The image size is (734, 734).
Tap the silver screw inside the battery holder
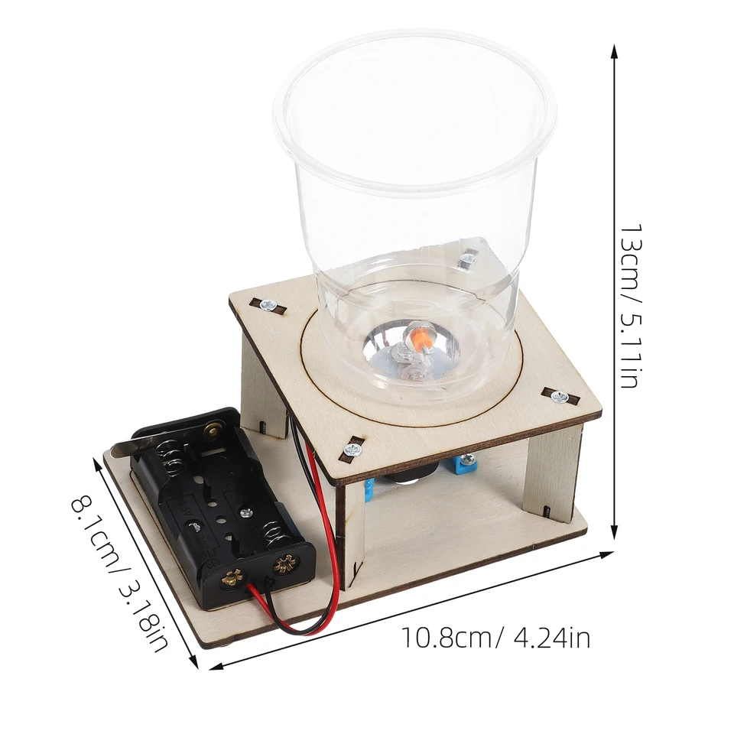(x=245, y=513)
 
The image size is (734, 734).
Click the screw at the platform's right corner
(x=559, y=396)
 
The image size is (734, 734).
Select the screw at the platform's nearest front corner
(x=352, y=449)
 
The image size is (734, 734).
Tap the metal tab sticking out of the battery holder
(x=122, y=453)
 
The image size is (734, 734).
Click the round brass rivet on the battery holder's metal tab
(x=209, y=431)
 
